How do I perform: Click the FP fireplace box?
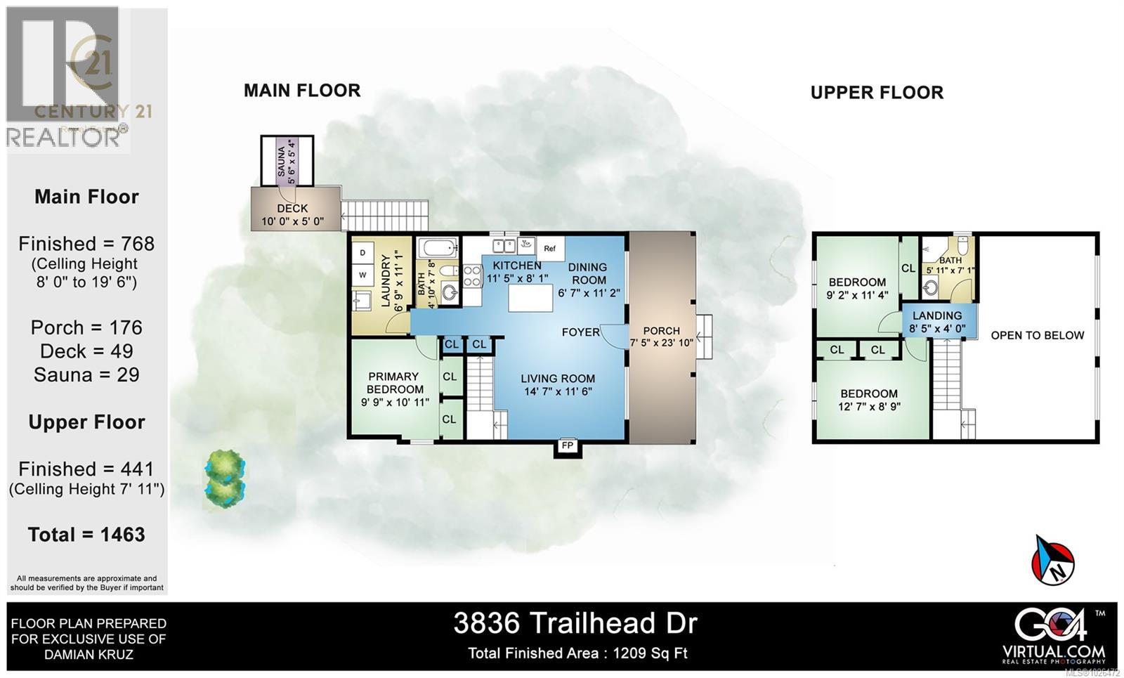pos(568,446)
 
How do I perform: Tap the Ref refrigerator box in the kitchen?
pos(550,248)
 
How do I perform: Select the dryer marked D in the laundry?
pos(363,252)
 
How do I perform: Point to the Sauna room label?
pos(281,162)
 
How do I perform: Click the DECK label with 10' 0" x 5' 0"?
pos(292,209)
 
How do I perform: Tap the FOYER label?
pos(580,332)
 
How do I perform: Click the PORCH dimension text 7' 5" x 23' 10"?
pos(662,343)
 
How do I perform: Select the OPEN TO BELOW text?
pos(1037,335)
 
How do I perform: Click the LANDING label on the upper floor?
pos(937,315)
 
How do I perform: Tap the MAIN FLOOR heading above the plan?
pos(302,91)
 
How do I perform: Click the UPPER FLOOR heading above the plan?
pos(877,93)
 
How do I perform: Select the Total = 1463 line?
pos(86,535)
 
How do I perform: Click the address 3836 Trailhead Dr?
pos(575,623)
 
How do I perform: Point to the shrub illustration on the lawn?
pos(225,478)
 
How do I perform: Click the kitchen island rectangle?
pos(531,299)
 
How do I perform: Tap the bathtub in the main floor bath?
pos(437,248)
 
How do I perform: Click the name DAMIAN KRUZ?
pos(89,655)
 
